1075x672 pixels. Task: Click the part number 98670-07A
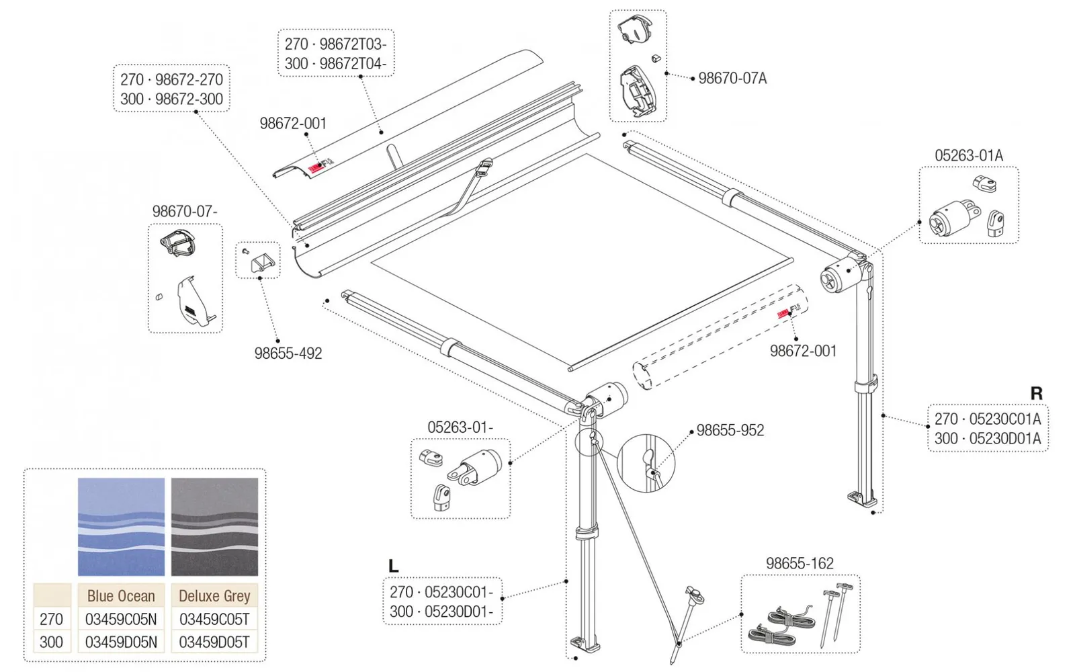click(x=732, y=79)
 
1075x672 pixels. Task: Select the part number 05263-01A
click(x=968, y=156)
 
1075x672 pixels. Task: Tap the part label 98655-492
click(x=288, y=353)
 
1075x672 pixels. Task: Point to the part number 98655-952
click(x=730, y=431)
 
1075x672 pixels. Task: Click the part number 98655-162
click(x=800, y=564)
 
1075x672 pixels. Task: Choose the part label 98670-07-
click(x=185, y=212)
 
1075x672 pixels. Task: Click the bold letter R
click(x=1036, y=394)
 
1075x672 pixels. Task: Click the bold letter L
click(x=394, y=566)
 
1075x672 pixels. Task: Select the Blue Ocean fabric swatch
click(x=121, y=527)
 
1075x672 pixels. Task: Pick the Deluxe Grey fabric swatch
click(x=214, y=527)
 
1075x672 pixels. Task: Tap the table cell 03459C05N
click(x=121, y=619)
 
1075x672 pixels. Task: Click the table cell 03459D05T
click(x=214, y=642)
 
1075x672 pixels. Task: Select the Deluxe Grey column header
click(x=214, y=596)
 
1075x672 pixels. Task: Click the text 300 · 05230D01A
click(x=987, y=439)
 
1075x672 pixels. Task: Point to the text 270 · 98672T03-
click(x=335, y=44)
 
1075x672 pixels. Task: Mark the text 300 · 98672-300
click(x=171, y=99)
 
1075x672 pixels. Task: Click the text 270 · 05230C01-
click(x=441, y=592)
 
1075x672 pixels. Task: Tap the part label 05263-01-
click(x=460, y=427)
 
